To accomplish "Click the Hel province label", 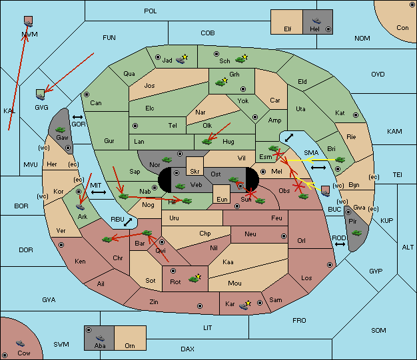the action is tap(314, 29).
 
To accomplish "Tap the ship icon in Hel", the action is tap(316, 21).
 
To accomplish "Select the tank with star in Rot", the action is tap(195, 278).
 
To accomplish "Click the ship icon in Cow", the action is tap(20, 343).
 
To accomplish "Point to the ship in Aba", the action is tap(100, 337).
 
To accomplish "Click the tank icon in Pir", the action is tap(356, 233).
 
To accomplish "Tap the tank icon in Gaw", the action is tap(60, 129).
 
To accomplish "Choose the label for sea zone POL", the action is tap(151, 11).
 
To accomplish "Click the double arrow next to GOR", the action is tap(77, 117).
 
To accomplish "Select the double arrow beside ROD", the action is tap(340, 244).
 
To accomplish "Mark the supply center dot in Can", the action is tap(87, 94).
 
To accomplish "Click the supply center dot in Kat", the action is tap(356, 115).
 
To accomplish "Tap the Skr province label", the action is tap(195, 172).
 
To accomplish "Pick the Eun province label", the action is tap(222, 199).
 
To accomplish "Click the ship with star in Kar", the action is tap(245, 305).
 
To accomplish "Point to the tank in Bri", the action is tap(340, 160).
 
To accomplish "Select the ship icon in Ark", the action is tap(80, 207).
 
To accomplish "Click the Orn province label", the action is tap(130, 345).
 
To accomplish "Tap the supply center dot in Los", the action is tap(330, 265).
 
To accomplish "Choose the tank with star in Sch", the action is tap(242, 59).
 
